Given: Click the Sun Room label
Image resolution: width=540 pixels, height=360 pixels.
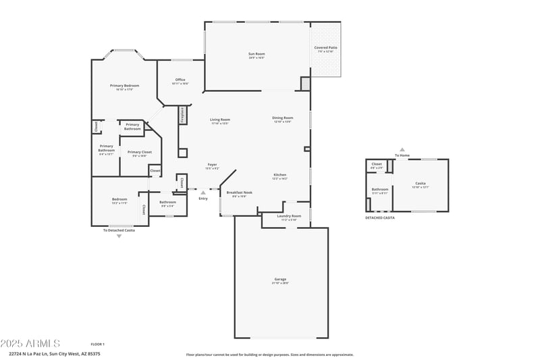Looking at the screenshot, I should (x=256, y=53).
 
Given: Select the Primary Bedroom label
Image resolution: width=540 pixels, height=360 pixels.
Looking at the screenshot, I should (x=125, y=86).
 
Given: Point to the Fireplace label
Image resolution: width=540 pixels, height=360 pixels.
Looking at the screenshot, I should (x=182, y=115).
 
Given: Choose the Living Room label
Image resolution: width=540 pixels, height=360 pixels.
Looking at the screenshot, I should (x=220, y=120).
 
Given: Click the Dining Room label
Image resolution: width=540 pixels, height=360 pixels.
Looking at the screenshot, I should (x=282, y=118).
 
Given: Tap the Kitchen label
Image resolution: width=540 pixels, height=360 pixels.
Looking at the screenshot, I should (x=279, y=175).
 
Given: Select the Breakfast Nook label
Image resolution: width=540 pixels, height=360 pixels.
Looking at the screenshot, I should (x=239, y=192).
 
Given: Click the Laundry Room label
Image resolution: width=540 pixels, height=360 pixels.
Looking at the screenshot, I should (x=289, y=216).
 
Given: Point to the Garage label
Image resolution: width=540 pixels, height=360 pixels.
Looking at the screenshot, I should (x=280, y=279).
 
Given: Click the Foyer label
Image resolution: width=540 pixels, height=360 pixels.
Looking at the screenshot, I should (x=212, y=165).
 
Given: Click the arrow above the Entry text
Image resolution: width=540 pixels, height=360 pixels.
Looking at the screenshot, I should (x=203, y=192).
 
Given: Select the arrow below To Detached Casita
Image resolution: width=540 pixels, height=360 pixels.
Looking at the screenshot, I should (x=119, y=236).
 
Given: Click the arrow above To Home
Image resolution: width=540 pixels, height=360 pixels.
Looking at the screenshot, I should (x=402, y=150).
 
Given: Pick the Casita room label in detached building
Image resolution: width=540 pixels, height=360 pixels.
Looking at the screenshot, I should (x=420, y=183).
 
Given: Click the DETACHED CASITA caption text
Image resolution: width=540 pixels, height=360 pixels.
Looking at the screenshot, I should (x=380, y=217).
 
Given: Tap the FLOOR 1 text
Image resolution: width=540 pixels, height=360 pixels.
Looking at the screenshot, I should (x=98, y=344).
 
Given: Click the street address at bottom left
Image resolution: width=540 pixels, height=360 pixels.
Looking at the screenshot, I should (x=55, y=353).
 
